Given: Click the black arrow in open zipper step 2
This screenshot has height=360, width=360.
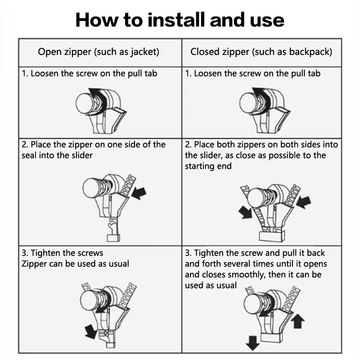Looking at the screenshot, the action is pyautogui.click(x=139, y=193).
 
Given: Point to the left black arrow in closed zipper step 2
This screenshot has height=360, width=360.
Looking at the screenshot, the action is pyautogui.click(x=245, y=212).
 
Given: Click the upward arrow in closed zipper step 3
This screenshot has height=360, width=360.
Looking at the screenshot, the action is pyautogui.click(x=297, y=321).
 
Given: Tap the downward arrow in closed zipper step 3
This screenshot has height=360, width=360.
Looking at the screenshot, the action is pyautogui.click(x=252, y=343).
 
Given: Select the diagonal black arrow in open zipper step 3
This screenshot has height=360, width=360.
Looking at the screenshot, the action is pyautogui.click(x=91, y=332).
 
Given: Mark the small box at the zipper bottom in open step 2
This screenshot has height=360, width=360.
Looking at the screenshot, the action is pyautogui.click(x=113, y=238).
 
